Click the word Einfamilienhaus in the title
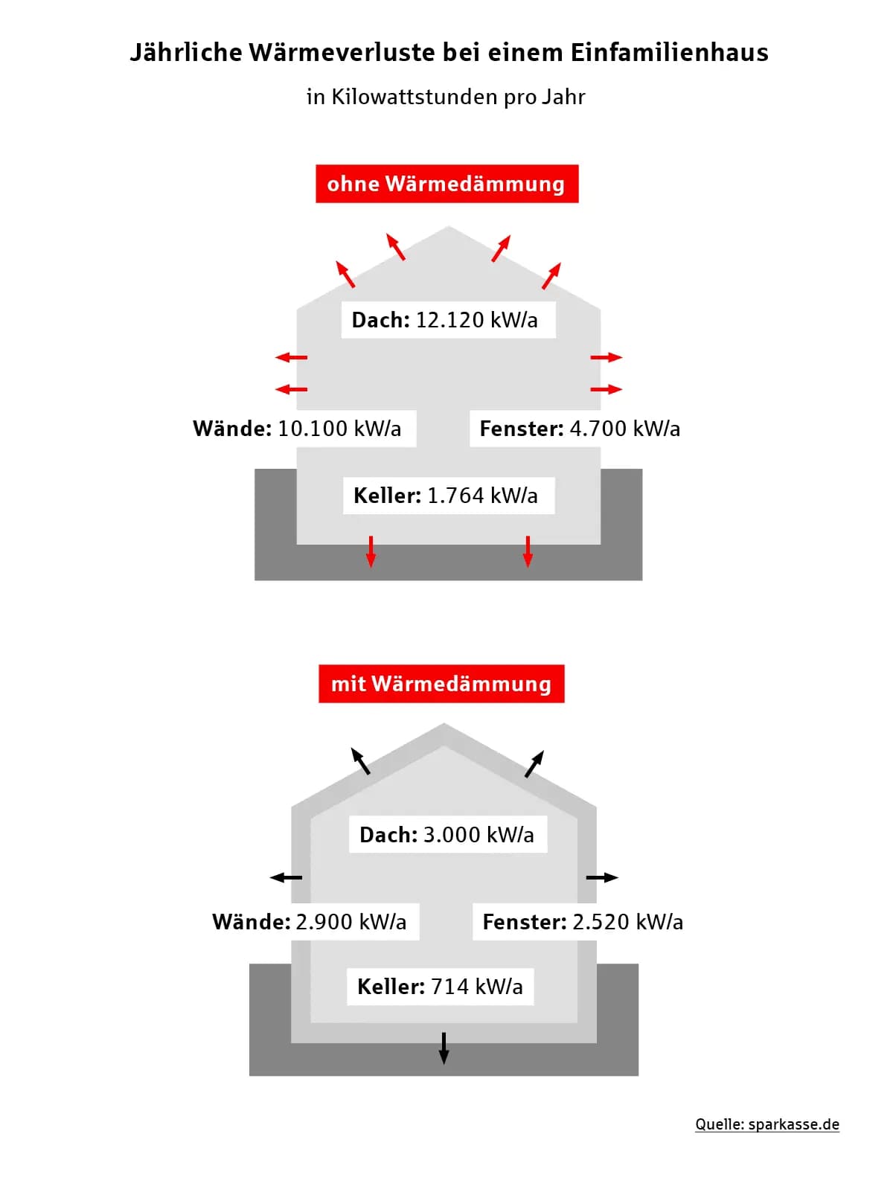click(669, 53)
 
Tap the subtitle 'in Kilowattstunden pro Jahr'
click(446, 97)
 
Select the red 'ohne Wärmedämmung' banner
click(446, 184)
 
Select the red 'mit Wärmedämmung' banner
click(441, 683)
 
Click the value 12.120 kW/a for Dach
click(476, 320)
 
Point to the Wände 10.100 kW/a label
click(297, 429)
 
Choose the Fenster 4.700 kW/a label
click(580, 429)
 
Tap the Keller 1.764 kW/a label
click(446, 496)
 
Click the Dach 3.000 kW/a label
click(447, 835)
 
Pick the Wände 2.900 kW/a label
click(310, 922)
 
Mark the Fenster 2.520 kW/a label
click(583, 922)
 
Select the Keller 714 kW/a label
click(440, 987)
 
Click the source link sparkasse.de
click(793, 1124)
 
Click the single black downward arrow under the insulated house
click(444, 1048)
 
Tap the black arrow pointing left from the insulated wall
click(286, 877)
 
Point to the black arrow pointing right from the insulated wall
click(602, 877)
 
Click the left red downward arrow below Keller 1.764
click(371, 552)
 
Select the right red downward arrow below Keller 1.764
click(527, 552)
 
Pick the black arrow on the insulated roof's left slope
click(360, 760)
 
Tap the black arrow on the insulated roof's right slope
click(534, 764)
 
